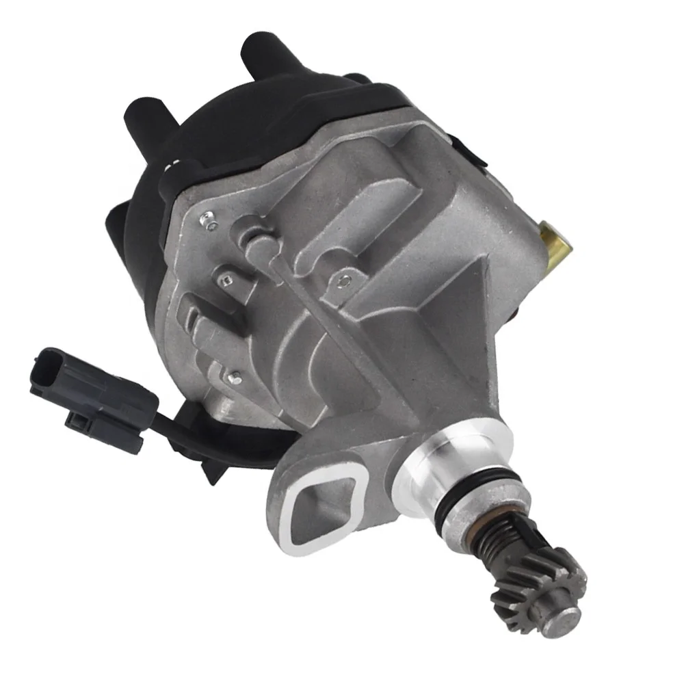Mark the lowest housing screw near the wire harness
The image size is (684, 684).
click(x=235, y=376)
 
